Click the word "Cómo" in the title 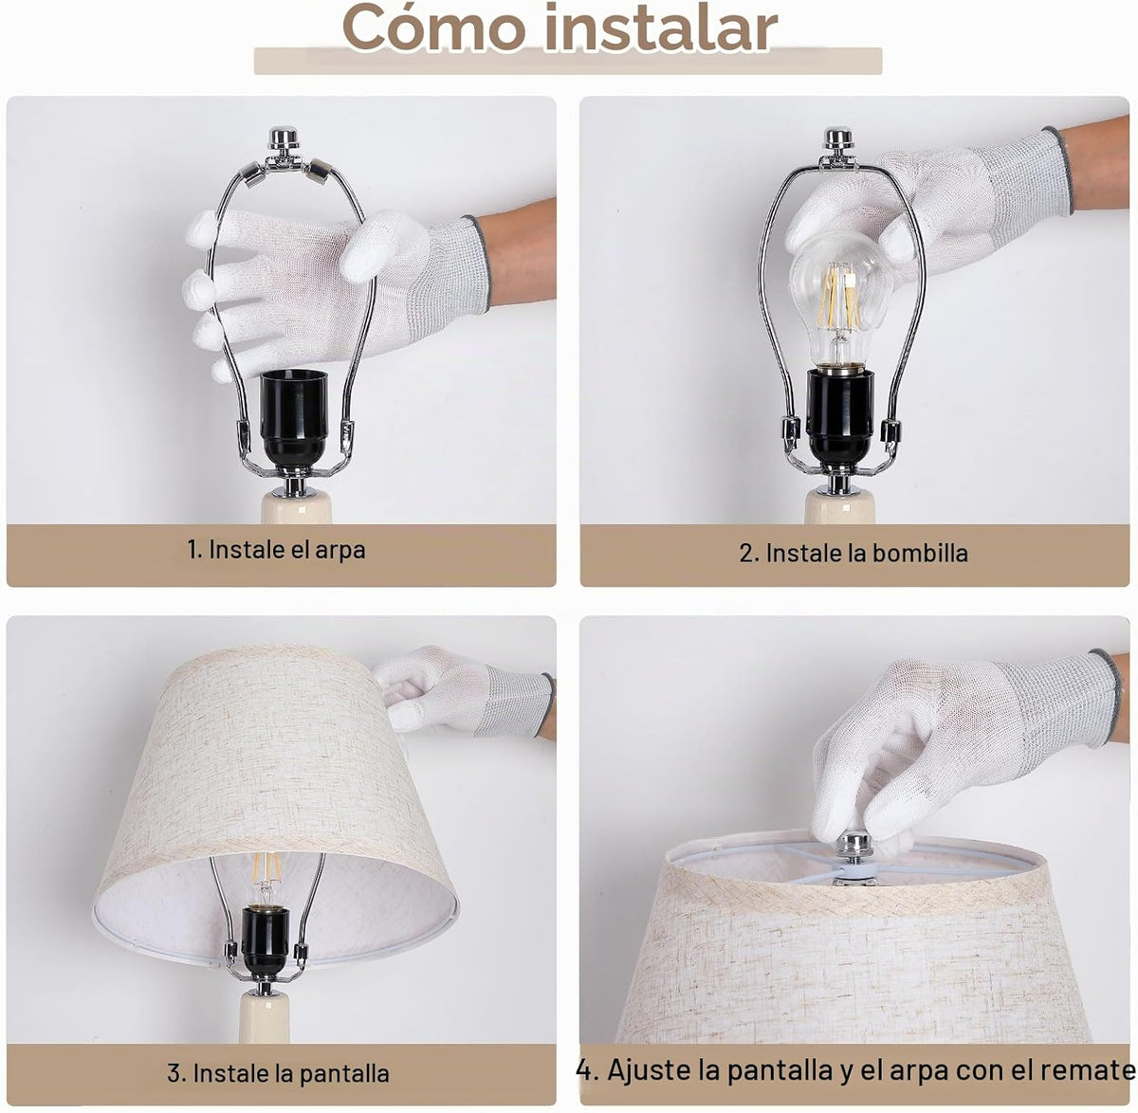[434, 27]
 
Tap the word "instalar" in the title [661, 27]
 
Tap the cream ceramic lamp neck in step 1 [296, 506]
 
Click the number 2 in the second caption [746, 554]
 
